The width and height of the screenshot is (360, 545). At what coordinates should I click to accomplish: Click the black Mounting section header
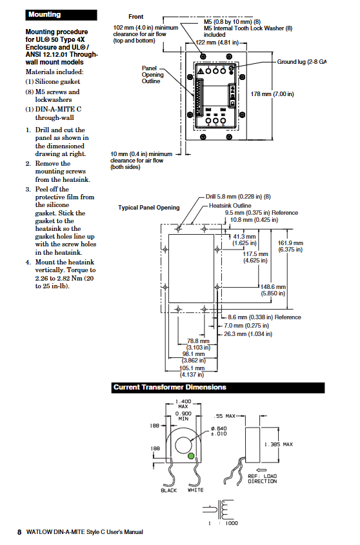pos(61,15)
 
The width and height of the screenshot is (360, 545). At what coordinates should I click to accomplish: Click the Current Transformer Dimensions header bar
pos(218,388)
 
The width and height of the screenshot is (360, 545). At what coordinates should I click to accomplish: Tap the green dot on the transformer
pos(191,456)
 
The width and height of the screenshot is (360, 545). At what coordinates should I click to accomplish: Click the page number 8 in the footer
pos(19,532)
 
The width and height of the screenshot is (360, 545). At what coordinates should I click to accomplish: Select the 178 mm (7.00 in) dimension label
pos(272,94)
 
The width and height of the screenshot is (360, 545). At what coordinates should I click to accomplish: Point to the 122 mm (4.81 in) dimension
pos(217,43)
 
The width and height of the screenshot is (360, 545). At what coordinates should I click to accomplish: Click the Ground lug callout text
pos(301,62)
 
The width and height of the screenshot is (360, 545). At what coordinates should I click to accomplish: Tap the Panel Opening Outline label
pos(152,75)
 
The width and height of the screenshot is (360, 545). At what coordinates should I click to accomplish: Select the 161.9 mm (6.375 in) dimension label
pos(290,246)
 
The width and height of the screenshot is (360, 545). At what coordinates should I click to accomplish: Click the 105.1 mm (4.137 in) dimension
pos(192,372)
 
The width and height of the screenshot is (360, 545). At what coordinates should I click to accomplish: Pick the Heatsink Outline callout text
pos(230,206)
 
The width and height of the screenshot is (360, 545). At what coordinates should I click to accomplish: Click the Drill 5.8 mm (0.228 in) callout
pos(238,197)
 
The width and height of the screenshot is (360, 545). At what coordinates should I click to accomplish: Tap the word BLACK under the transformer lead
pos(168,490)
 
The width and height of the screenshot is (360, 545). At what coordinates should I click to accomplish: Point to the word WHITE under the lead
pos(195,490)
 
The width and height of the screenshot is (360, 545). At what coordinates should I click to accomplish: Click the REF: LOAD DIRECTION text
pos(263,479)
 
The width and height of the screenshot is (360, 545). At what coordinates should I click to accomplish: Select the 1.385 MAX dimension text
pos(279,444)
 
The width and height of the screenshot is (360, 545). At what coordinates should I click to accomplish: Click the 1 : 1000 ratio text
pos(223,523)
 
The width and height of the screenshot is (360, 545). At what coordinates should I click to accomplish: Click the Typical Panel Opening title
pos(149,208)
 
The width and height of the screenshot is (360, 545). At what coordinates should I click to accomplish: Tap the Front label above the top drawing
pos(135,17)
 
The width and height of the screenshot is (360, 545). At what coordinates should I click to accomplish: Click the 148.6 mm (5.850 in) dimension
pos(274,290)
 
